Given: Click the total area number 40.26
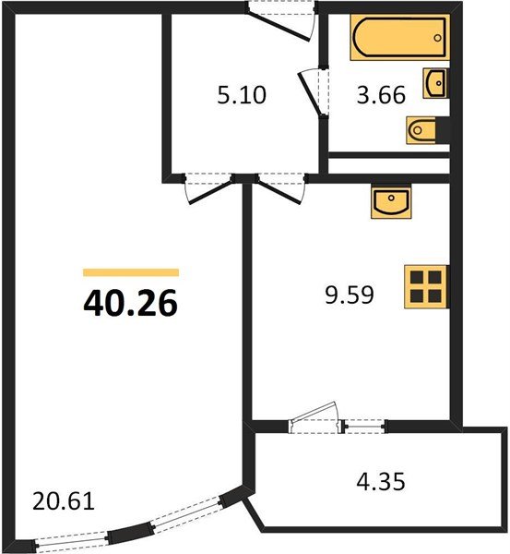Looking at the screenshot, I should [130, 302].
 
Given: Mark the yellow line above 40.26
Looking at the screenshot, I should [130, 272].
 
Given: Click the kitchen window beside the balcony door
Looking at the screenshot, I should [364, 426].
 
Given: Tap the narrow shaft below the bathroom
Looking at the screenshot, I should [390, 166].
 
